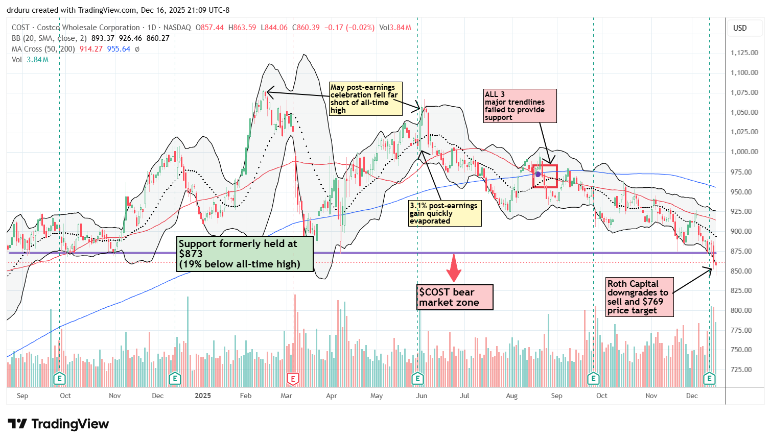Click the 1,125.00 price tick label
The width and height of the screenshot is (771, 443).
[744, 53]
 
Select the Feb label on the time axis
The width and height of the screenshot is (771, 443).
[246, 396]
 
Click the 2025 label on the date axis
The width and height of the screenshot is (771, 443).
[203, 396]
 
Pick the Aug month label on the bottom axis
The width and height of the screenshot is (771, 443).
[511, 396]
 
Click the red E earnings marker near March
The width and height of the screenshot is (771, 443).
[293, 379]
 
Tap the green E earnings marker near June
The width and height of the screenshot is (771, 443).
[418, 379]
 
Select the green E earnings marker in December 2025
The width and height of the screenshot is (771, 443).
[709, 379]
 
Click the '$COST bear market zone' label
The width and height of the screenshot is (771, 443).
[455, 297]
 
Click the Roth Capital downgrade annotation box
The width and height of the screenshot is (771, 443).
[639, 297]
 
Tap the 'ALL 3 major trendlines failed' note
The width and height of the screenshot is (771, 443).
[520, 106]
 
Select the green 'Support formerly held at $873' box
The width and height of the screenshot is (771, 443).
[245, 254]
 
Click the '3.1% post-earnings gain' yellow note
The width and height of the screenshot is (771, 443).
[445, 213]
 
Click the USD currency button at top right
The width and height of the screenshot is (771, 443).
[740, 28]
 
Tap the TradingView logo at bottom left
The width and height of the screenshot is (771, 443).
[58, 424]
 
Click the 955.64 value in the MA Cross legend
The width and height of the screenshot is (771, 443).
[119, 49]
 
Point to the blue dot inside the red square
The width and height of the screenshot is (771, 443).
[538, 174]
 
